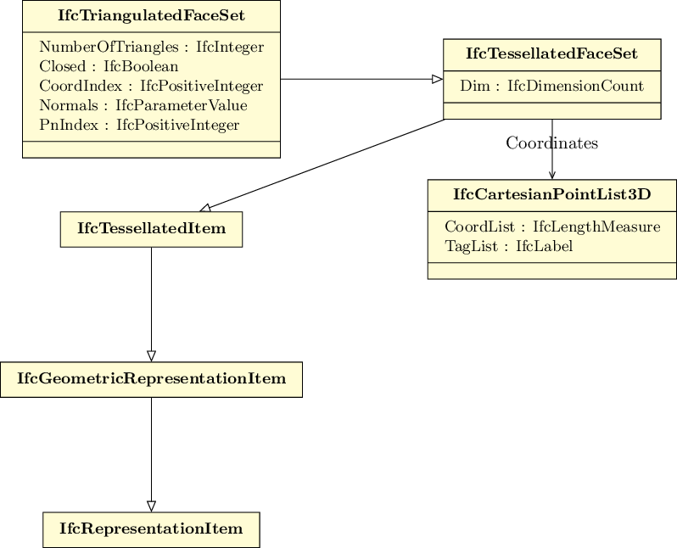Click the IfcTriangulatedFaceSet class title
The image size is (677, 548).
tap(151, 16)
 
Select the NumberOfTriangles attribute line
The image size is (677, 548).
tap(151, 48)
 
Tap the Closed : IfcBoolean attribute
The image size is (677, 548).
tap(109, 66)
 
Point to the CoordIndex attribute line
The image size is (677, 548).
tap(151, 86)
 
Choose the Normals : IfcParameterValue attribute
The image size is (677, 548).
tap(143, 105)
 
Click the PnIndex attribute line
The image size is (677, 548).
tap(139, 125)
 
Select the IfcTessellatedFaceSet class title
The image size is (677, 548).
tap(551, 54)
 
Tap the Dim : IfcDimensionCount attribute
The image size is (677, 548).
tap(551, 86)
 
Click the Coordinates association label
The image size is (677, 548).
tap(551, 143)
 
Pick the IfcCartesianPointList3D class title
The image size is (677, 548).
tap(551, 194)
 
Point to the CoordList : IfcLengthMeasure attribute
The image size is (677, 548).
tap(552, 226)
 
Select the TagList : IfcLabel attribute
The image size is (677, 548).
tap(508, 246)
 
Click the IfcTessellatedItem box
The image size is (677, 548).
tap(151, 229)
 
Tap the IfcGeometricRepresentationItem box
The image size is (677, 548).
tap(151, 378)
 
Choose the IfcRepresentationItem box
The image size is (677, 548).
tap(151, 528)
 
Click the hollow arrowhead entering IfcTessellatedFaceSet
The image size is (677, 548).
tap(437, 79)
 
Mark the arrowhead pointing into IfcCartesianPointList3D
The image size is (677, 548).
tap(552, 175)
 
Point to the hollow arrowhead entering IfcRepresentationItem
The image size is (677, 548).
tap(151, 506)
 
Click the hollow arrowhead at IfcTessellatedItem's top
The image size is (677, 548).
tap(205, 208)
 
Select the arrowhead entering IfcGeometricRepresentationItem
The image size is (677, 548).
tap(151, 355)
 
